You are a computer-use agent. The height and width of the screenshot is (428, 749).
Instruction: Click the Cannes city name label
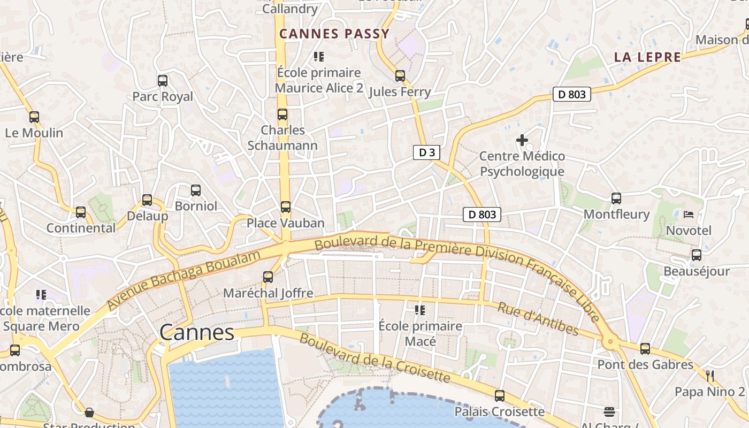click(197, 333)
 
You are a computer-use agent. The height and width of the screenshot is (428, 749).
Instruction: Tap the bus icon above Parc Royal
click(163, 81)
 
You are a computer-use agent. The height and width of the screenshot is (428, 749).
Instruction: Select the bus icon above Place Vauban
click(286, 207)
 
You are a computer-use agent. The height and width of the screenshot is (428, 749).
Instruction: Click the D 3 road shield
click(426, 152)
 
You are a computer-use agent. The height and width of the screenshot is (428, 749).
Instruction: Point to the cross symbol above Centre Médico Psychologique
click(522, 141)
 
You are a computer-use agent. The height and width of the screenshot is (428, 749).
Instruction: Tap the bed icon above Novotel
click(689, 215)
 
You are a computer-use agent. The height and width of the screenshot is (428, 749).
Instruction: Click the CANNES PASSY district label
click(334, 34)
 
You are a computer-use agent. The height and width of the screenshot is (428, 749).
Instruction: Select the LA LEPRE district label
click(647, 57)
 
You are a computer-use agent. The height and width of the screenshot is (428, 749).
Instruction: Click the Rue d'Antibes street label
click(538, 319)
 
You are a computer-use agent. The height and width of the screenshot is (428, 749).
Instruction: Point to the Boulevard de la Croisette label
click(374, 358)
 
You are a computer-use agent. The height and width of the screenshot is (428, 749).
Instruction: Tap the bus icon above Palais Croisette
click(499, 396)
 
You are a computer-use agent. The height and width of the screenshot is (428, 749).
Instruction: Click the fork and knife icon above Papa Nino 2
click(710, 376)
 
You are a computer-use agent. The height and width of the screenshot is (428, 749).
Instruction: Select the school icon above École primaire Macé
click(420, 310)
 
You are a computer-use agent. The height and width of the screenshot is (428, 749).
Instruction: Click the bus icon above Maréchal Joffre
click(268, 277)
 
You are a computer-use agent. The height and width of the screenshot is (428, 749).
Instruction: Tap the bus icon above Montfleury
click(616, 198)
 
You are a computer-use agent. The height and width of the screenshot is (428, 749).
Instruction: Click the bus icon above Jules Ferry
click(400, 76)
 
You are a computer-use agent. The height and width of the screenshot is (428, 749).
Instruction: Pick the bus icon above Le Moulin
click(34, 117)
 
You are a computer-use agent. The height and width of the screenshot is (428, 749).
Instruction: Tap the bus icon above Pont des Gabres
click(645, 349)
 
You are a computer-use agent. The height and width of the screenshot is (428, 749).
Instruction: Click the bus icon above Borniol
click(196, 190)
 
